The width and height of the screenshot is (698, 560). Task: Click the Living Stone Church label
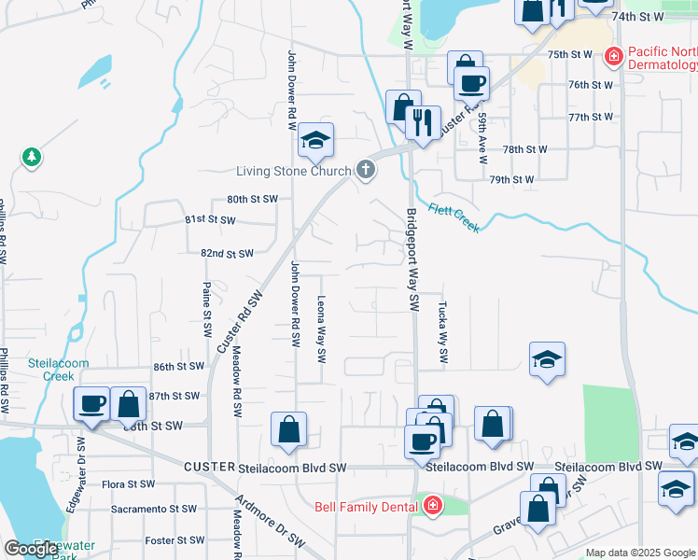[x=293, y=171]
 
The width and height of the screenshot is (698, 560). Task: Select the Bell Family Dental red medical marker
[x=432, y=507]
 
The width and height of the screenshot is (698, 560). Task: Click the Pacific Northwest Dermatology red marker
[x=613, y=57]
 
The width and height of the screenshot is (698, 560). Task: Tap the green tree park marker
[x=32, y=157]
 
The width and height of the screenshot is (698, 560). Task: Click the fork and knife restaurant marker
[x=423, y=122]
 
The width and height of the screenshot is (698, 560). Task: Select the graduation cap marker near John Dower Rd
[x=315, y=141]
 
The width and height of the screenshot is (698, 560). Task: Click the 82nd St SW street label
[x=227, y=254]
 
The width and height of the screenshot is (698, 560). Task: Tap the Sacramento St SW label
[x=154, y=510]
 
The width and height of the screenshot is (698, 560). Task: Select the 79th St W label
[x=511, y=179]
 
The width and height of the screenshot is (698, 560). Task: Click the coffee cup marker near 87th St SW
[x=93, y=403]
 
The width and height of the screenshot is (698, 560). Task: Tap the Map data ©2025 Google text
[x=641, y=553]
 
